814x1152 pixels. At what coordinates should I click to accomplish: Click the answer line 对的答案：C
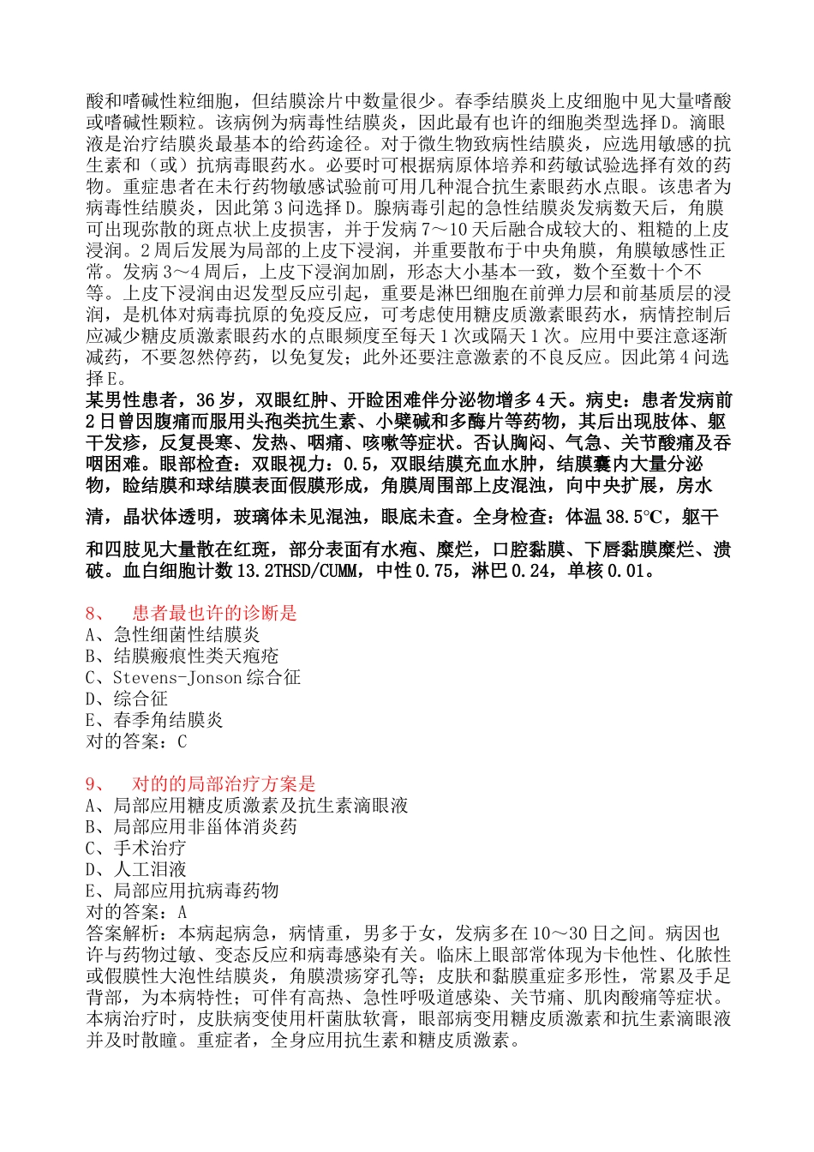click(x=136, y=742)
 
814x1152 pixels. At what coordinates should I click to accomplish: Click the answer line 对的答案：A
click(x=136, y=913)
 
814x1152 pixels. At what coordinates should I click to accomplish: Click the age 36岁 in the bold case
click(x=215, y=400)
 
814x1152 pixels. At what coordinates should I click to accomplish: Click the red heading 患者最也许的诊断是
click(x=214, y=614)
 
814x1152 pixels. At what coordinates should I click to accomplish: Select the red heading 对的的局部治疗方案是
click(x=224, y=784)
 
